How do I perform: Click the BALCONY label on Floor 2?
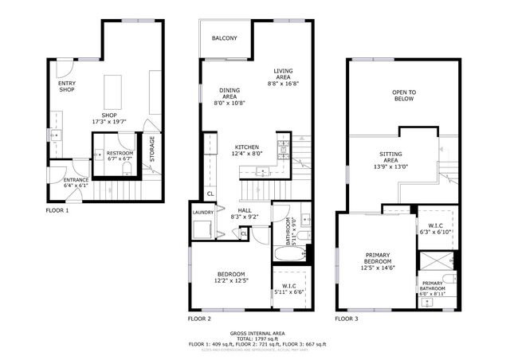[224, 38]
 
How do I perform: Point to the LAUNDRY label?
[203, 213]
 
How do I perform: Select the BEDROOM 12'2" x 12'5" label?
[228, 276]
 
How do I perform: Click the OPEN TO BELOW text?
[405, 96]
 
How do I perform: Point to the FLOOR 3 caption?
[347, 319]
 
